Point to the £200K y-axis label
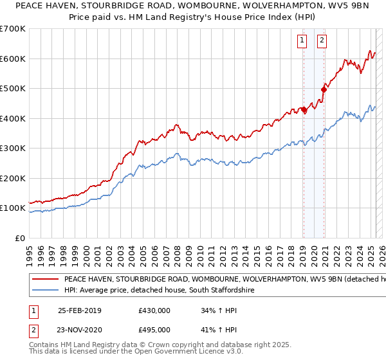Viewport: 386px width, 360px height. tap(13, 178)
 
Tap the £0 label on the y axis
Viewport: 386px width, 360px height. tap(20, 238)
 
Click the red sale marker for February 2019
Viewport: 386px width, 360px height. tap(304, 109)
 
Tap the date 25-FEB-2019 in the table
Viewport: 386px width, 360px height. tap(79, 311)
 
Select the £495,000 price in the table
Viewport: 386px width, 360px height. tap(154, 329)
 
